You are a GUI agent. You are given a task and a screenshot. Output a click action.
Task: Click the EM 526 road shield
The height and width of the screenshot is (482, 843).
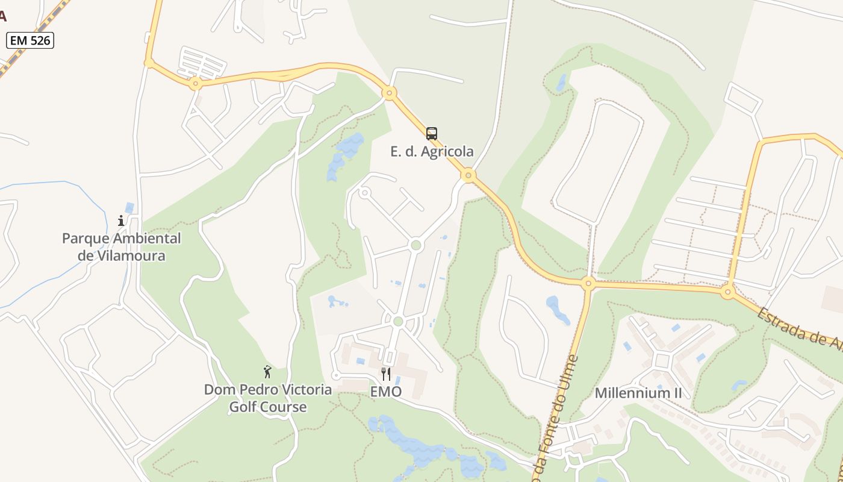[30, 40]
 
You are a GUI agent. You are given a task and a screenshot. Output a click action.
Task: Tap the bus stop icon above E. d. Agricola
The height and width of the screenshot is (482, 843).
[432, 133]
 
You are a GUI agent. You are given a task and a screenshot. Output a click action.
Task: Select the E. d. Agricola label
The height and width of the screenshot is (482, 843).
[432, 151]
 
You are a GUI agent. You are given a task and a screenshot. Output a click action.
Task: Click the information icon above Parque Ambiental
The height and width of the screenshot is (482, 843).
[121, 221]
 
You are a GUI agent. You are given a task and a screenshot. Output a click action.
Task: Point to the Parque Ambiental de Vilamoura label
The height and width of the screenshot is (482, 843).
[121, 246]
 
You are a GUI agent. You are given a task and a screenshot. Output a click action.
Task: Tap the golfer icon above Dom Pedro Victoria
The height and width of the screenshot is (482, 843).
[267, 372]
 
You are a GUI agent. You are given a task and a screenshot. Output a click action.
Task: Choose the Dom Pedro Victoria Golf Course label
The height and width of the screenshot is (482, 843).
[267, 398]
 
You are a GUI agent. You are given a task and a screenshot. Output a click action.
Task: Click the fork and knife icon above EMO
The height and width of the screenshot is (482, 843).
[386, 374]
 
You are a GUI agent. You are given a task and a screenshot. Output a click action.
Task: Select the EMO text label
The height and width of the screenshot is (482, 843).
[386, 392]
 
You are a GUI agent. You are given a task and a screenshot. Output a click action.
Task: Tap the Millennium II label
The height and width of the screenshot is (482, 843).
[638, 393]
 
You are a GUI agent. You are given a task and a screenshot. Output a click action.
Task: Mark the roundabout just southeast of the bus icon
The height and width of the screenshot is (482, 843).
[468, 176]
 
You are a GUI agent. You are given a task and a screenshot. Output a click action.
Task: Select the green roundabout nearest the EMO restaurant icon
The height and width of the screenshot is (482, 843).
[397, 322]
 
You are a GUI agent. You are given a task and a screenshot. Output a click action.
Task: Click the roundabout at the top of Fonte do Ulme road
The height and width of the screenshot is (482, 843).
[588, 283]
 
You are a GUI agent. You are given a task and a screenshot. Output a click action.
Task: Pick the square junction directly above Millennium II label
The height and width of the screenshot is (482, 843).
[662, 361]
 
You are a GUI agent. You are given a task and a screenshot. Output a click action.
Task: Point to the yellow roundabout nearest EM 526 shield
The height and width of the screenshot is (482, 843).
[149, 62]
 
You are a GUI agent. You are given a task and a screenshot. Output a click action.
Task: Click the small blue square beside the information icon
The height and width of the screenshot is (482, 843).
[130, 208]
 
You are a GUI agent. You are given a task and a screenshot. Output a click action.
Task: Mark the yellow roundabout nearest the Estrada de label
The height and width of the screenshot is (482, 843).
[728, 293]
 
